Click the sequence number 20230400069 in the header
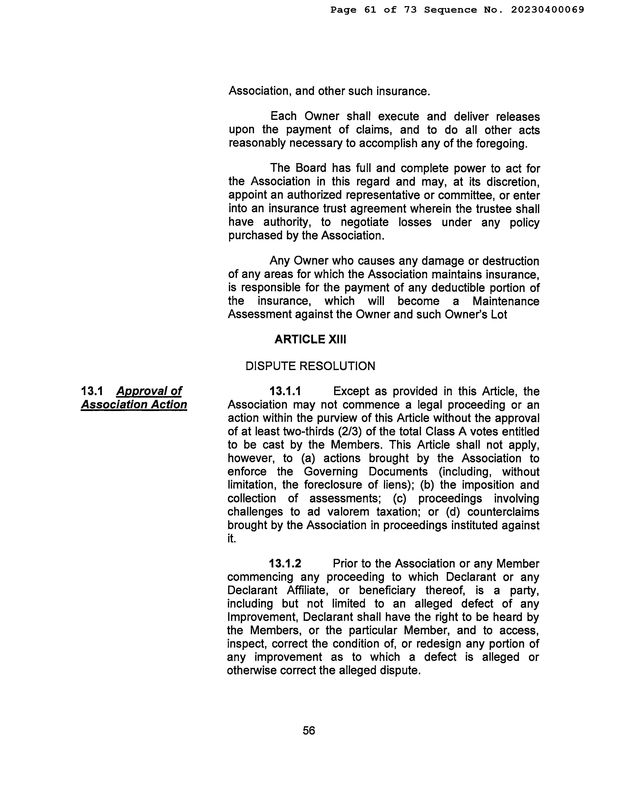tap(547, 10)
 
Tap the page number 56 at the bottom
tap(309, 730)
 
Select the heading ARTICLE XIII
tap(310, 339)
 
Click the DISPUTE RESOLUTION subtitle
tap(310, 366)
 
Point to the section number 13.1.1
tap(285, 391)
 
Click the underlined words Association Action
tap(134, 404)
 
